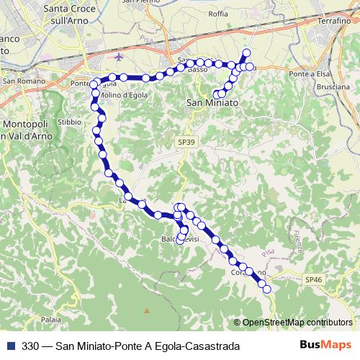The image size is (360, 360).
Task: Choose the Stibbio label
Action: click(69, 122)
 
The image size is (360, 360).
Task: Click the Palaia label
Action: click(50, 318)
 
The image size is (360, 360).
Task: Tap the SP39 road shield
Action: click(185, 143)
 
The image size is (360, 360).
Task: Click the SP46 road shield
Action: click(312, 279)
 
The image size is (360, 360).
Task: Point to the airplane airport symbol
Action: click(119, 55)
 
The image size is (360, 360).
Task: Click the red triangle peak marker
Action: click(147, 311)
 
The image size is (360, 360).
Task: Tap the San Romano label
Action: click(20, 81)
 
